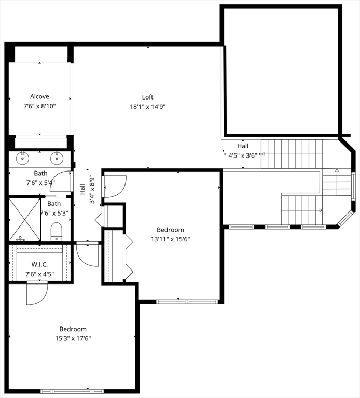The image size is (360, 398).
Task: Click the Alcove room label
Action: click(39, 96)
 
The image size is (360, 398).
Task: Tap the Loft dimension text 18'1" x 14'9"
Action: click(148, 107)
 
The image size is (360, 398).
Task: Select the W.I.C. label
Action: click(39, 264)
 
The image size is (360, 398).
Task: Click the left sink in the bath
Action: click(23, 158)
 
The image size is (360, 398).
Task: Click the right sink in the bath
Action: click(57, 158)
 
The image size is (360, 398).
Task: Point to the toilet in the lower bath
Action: click(57, 232)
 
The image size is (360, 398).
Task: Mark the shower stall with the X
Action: click(25, 220)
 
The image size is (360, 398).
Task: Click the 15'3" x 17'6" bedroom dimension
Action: click(73, 338)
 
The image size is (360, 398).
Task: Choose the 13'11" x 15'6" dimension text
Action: click(171, 239)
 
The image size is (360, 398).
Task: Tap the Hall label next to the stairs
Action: click(243, 146)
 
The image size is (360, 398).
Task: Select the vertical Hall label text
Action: click(82, 189)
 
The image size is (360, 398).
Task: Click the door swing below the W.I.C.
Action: click(37, 293)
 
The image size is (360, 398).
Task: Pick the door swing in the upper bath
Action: click(61, 181)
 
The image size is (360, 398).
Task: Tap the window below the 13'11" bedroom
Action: click(187, 302)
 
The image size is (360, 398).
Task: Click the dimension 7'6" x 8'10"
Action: click(39, 106)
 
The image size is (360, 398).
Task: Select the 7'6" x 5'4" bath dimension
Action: click(40, 182)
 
